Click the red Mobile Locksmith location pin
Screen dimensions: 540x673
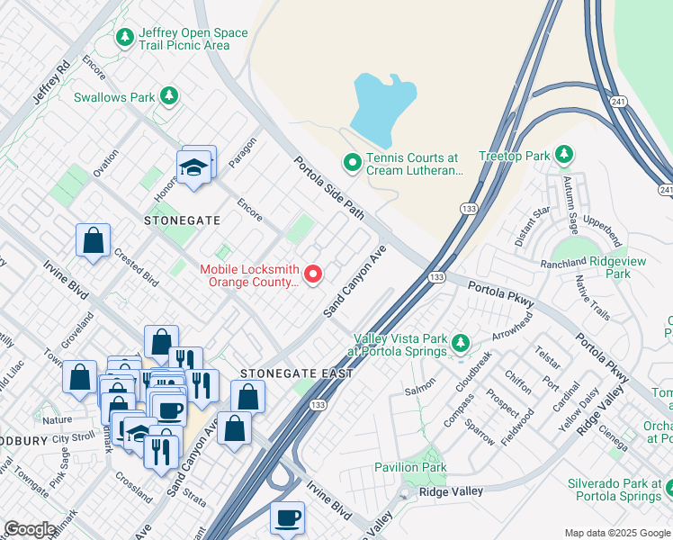click(x=313, y=274)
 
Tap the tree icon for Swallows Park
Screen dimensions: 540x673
click(x=168, y=95)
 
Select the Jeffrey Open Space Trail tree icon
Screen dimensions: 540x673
click(x=124, y=38)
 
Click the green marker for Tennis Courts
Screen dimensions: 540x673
click(x=352, y=163)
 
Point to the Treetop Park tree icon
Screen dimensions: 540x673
click(x=564, y=155)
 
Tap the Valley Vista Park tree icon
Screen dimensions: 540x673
click(x=461, y=343)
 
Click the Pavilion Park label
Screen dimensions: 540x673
click(x=410, y=467)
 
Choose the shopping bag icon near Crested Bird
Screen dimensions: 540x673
click(x=93, y=241)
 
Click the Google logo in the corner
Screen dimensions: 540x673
click(x=30, y=529)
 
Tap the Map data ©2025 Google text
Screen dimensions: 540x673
click(x=616, y=532)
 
